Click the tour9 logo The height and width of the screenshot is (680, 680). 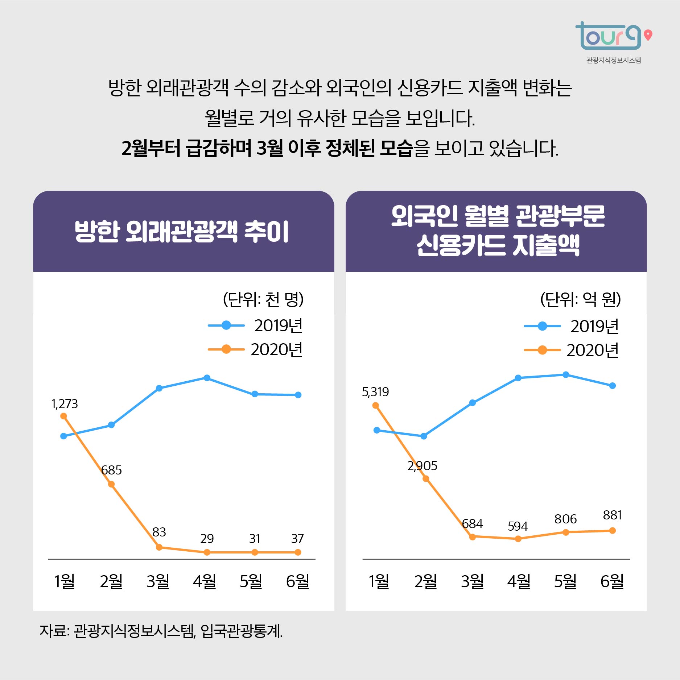click(x=613, y=37)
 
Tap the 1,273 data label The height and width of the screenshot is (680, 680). click(x=65, y=404)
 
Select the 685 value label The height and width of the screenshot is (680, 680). click(x=111, y=470)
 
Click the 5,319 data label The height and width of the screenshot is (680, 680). click(x=375, y=392)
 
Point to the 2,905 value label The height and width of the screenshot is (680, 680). click(x=422, y=466)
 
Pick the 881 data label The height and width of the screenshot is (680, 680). click(x=612, y=515)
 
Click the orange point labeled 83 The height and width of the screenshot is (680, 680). click(x=159, y=547)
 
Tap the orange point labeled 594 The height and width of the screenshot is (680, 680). click(x=518, y=539)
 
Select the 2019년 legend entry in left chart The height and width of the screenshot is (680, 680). click(x=256, y=326)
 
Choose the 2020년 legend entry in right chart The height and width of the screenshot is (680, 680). click(x=572, y=350)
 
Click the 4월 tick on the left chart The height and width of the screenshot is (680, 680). click(x=204, y=581)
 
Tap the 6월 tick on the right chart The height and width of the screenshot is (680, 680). click(x=612, y=581)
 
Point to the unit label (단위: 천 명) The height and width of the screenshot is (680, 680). click(x=263, y=299)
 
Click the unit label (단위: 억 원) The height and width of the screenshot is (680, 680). click(x=580, y=299)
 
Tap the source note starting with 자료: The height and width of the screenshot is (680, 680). click(x=161, y=631)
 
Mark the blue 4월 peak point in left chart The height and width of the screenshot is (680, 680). click(x=207, y=378)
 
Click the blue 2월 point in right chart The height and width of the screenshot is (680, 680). click(x=424, y=436)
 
